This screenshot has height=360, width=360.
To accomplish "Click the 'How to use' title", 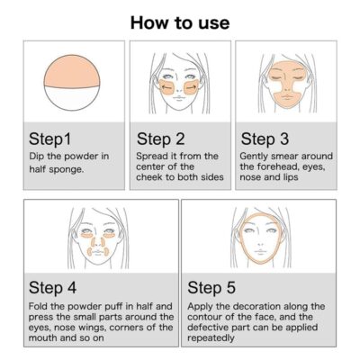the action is pyautogui.click(x=180, y=22).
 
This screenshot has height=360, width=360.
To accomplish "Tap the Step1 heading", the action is pyautogui.click(x=50, y=139).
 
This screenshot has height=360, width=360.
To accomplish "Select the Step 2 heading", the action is pyautogui.click(x=160, y=139).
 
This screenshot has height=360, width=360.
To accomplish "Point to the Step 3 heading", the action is pyautogui.click(x=265, y=139).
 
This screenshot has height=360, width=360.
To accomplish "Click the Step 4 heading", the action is pyautogui.click(x=52, y=287).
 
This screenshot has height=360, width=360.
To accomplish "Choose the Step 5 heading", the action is pyautogui.click(x=211, y=287).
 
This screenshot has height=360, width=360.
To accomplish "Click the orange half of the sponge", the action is pyautogui.click(x=71, y=72).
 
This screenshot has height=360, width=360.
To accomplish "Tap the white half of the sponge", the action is pyautogui.click(x=71, y=98).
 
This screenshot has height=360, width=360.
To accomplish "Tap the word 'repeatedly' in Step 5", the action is pyautogui.click(x=211, y=338).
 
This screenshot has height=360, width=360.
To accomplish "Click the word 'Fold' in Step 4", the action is pyautogui.click(x=38, y=306).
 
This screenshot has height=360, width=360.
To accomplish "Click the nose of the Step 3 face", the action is pyautogui.click(x=287, y=87).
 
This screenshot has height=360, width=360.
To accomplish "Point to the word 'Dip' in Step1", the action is pyautogui.click(x=36, y=157).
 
